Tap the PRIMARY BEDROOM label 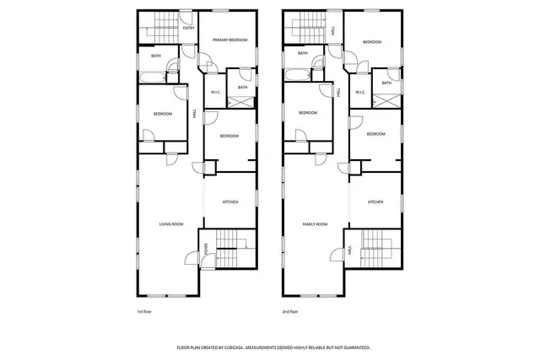(227, 39)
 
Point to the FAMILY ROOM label (316, 223)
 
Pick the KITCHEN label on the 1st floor (230, 201)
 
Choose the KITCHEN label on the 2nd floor (375, 201)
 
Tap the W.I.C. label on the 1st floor (214, 93)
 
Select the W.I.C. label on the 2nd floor (359, 93)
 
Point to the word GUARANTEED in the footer (354, 347)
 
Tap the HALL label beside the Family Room (350, 250)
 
